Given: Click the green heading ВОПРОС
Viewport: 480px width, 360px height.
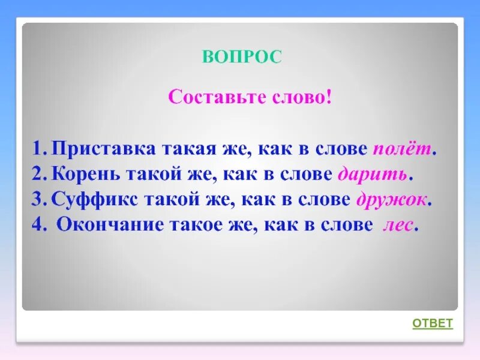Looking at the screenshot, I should click(x=242, y=57).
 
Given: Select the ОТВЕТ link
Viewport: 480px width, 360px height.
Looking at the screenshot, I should click(x=432, y=323).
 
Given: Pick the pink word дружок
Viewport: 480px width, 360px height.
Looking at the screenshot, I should click(x=393, y=200).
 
